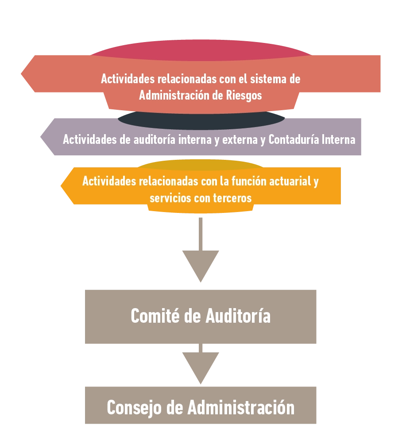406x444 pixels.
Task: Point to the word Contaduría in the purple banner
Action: [294, 139]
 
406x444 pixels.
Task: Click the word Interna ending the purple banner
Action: [339, 139]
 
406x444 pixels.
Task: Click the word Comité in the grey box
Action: [154, 316]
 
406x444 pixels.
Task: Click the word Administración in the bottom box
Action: [241, 407]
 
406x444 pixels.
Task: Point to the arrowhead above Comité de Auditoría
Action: [201, 263]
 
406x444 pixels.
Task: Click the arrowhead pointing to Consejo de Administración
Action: [201, 365]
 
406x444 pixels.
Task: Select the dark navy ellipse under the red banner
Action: [201, 120]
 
